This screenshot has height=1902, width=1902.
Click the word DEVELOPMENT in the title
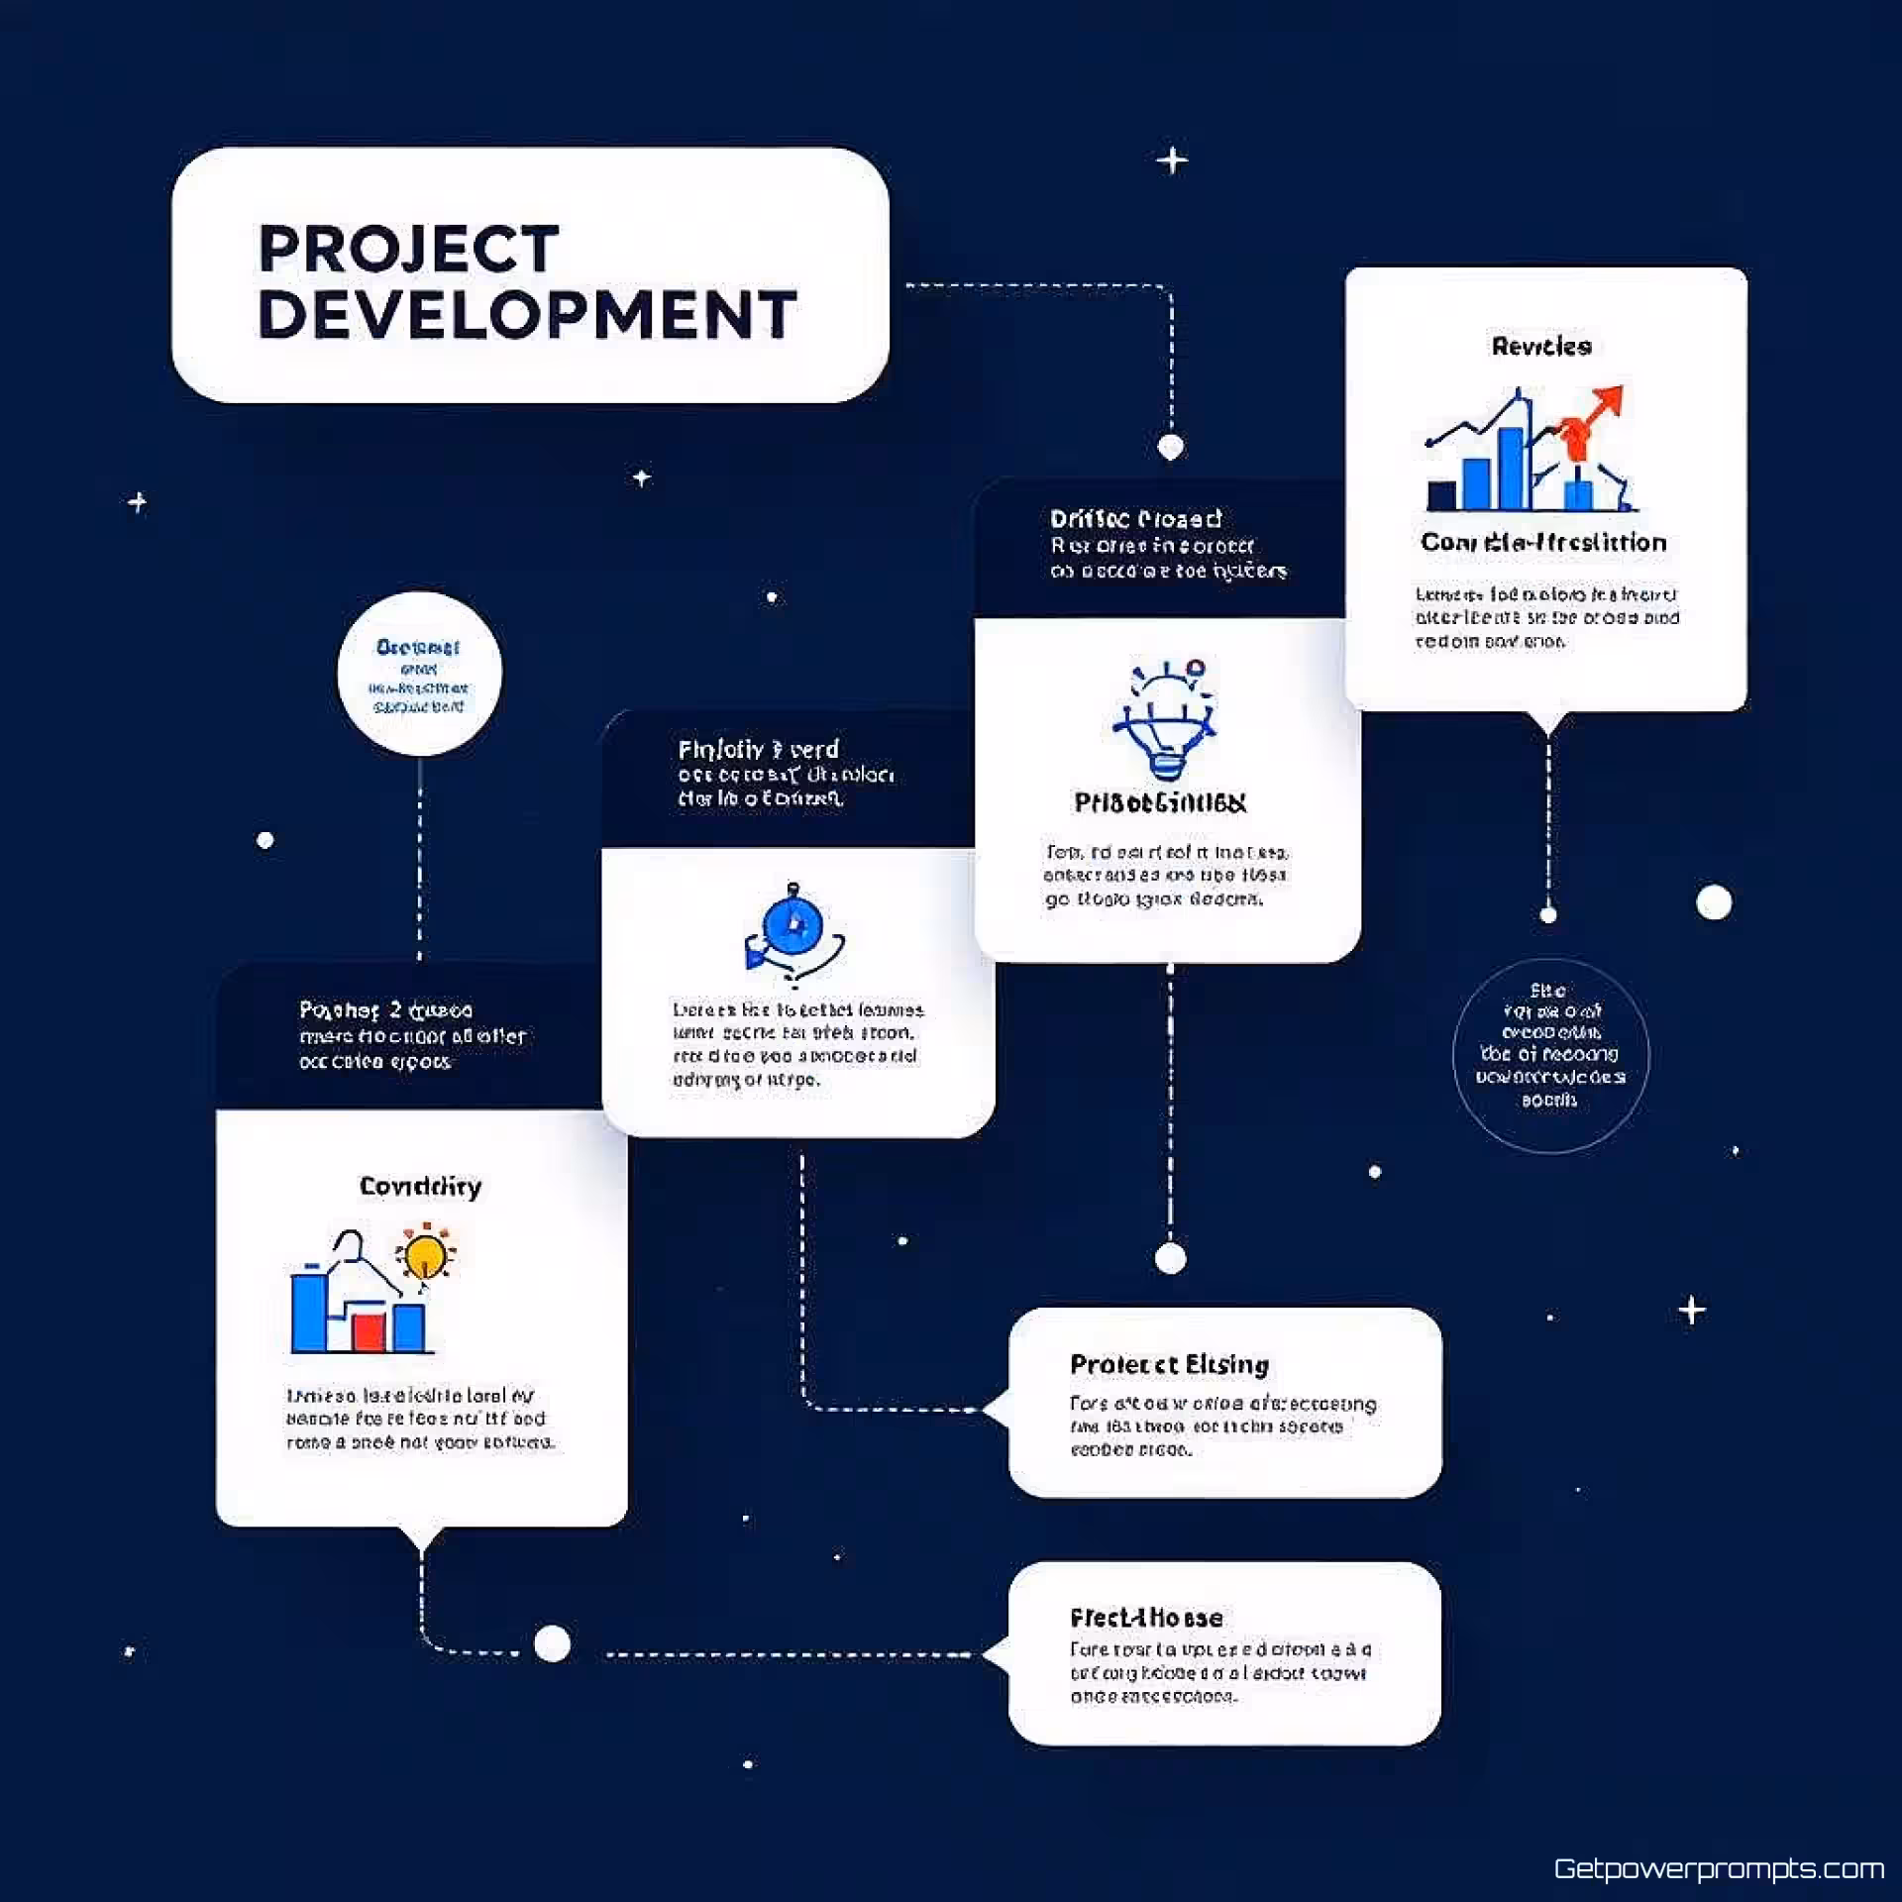point(527,315)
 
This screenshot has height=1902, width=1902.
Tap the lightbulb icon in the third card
point(1165,721)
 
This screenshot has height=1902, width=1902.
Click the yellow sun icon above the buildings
point(426,1254)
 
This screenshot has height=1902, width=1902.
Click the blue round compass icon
point(792,927)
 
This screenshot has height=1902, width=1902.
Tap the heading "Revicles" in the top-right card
point(1541,346)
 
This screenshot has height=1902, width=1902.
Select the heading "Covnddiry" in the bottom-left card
point(420,1186)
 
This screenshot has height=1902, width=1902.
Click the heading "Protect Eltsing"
point(1169,1364)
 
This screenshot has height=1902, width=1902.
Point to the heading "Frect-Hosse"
point(1146,1618)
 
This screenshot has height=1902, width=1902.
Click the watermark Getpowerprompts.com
point(1719,1868)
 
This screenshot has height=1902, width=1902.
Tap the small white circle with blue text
point(419,674)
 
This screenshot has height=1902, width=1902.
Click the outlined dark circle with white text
point(1550,1055)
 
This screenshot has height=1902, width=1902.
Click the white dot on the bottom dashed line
point(552,1643)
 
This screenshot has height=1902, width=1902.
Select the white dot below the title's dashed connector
point(1171,447)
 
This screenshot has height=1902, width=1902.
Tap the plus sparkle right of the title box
point(1172,160)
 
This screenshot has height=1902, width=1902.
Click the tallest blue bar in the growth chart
point(1512,468)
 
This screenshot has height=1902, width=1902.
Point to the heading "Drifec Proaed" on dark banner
point(1135,519)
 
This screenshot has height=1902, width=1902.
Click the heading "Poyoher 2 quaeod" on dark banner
point(385,1009)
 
